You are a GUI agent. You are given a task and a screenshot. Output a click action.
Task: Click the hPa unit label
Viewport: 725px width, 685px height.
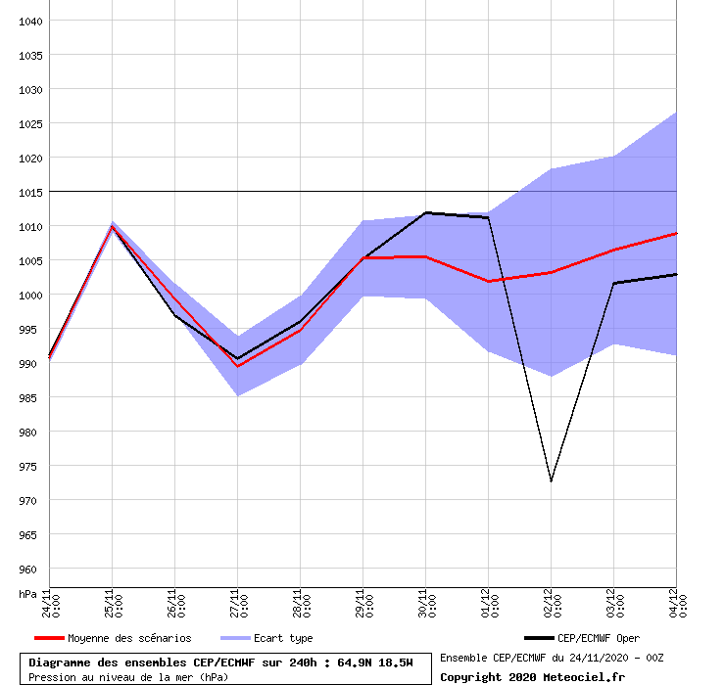pos(28,593)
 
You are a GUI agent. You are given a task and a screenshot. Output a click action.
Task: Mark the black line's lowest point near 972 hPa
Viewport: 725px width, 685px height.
pos(551,481)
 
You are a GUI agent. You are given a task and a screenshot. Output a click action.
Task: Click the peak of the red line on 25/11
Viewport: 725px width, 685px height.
pos(112,226)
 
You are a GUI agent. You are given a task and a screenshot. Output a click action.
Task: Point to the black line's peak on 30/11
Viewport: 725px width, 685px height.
pos(425,212)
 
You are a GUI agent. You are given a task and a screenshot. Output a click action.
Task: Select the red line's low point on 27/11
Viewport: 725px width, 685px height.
pos(237,366)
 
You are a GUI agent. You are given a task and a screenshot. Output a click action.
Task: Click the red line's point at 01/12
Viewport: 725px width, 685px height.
pos(488,282)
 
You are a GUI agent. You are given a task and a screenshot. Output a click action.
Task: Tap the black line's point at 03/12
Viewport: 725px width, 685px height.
pos(613,283)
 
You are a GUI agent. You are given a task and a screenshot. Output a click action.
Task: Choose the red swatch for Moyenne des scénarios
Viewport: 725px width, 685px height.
pos(48,638)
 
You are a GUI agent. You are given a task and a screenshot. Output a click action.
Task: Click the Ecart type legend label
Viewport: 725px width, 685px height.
pos(283,638)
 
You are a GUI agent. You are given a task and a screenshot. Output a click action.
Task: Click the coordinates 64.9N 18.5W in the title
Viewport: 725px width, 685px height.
pos(372,662)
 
